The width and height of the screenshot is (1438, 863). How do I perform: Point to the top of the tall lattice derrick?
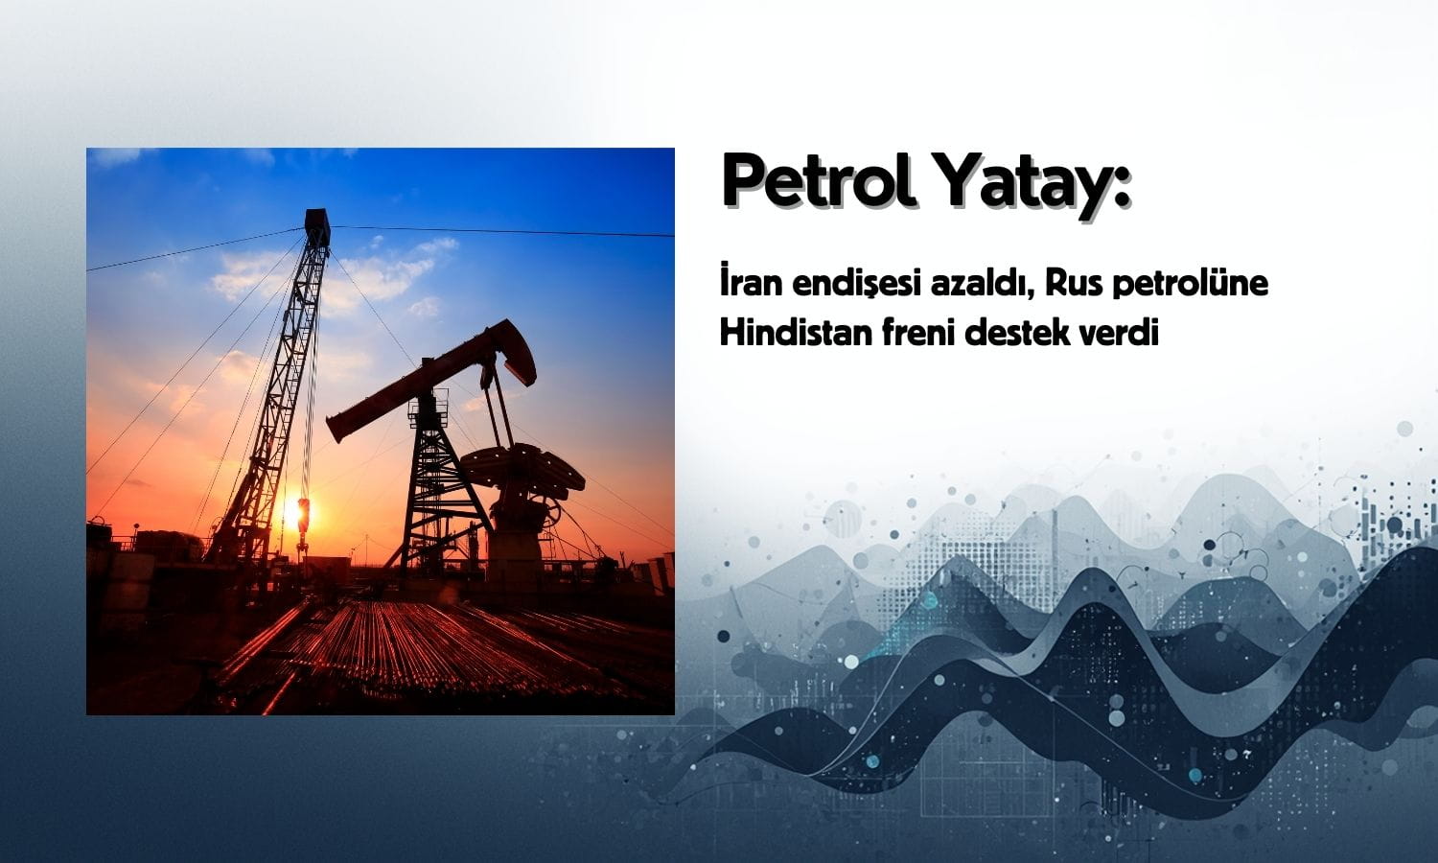316,223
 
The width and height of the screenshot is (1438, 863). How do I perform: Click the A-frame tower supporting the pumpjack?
430,489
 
